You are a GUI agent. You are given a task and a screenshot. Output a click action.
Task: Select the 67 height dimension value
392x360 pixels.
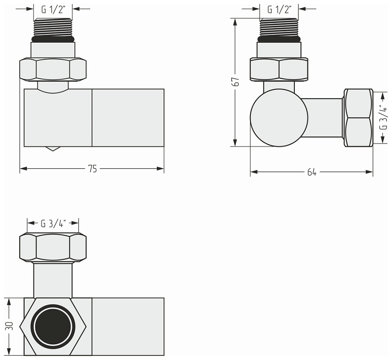[x=236, y=82]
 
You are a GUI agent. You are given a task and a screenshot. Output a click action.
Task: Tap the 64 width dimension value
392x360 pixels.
[x=312, y=172]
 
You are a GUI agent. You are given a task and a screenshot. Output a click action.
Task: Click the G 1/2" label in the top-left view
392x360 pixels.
[x=53, y=9]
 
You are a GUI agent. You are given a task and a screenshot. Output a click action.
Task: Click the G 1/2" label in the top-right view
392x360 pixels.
[x=279, y=9]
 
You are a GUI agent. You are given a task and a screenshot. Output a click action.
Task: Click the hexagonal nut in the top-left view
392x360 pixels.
[x=53, y=69]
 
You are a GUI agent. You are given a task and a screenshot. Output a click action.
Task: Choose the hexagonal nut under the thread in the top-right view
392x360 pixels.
[x=279, y=69]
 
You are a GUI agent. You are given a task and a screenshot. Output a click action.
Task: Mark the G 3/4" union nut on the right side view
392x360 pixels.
[x=358, y=118]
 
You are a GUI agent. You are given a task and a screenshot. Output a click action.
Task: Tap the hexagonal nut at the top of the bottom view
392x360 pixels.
[x=53, y=247]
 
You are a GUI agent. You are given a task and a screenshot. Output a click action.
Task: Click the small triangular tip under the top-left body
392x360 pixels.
[x=53, y=149]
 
